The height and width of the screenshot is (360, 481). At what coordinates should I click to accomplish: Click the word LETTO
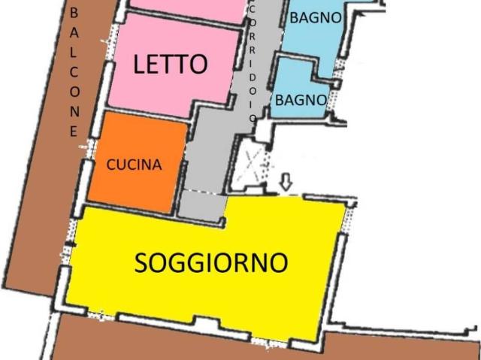170,65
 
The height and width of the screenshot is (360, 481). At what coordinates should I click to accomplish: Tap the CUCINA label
134,165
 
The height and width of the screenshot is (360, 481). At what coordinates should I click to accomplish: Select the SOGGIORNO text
211,262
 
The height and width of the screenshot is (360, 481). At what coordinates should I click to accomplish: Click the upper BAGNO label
316,17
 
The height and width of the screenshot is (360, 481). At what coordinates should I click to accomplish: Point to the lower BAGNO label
300,99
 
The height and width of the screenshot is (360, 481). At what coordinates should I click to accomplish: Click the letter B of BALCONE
74,14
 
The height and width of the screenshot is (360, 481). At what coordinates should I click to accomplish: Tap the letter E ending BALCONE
74,131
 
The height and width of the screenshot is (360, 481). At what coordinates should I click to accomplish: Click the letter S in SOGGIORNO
144,263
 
